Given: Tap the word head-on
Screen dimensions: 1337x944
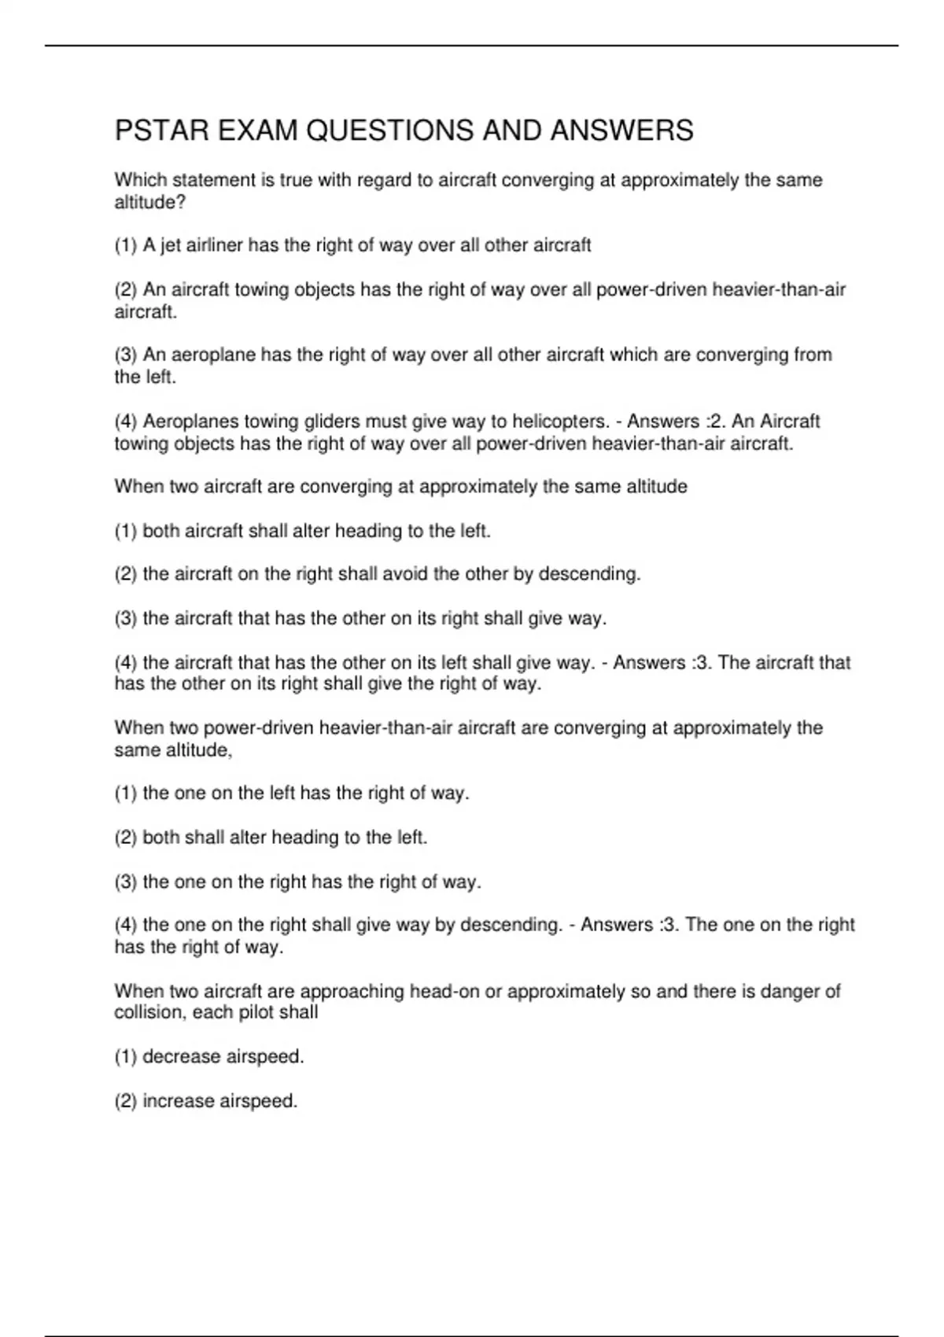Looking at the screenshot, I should coord(444,991).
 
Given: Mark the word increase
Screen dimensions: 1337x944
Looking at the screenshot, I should coord(178,1101).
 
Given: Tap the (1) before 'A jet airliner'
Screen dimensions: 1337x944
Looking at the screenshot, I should coord(126,245).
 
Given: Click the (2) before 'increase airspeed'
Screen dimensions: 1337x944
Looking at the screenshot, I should coord(126,1101).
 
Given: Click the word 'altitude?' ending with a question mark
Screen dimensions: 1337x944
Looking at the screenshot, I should coord(150,202).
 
